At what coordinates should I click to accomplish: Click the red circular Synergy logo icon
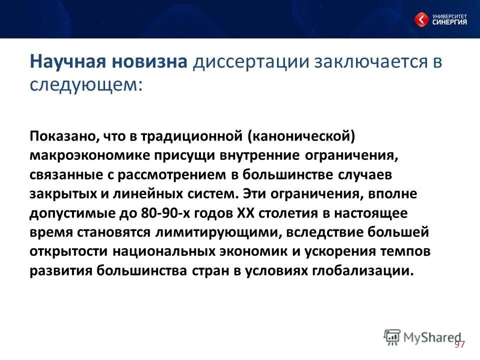coord(421,19)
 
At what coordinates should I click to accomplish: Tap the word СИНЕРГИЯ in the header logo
coord(450,21)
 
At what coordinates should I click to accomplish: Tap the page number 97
coord(459,344)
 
